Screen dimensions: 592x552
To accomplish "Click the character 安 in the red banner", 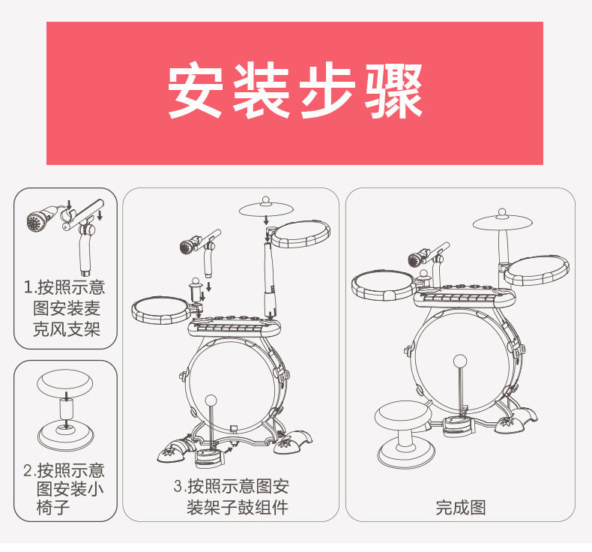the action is [197, 92].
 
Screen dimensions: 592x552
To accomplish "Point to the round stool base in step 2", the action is [66, 431].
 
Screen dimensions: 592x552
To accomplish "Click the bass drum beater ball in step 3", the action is [211, 400].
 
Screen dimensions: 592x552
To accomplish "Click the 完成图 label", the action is [461, 508].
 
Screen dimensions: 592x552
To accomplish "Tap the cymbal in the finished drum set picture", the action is [503, 220].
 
